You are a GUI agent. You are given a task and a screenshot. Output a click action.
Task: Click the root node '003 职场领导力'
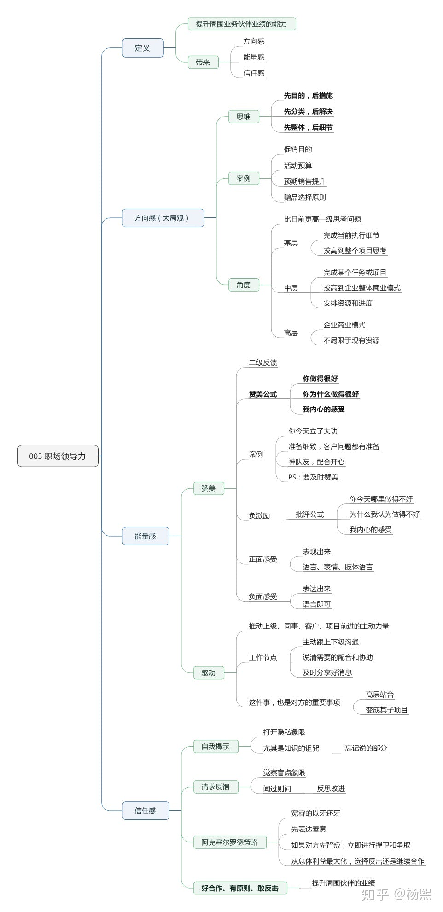(58, 456)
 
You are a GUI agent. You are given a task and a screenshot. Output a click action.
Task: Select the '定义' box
(142, 48)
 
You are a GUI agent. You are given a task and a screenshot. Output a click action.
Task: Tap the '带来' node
(203, 62)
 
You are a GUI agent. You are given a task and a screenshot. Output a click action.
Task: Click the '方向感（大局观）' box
(163, 218)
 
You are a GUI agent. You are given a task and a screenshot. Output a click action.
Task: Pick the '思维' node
(243, 117)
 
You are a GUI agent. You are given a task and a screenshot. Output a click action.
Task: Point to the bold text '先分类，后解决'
(308, 111)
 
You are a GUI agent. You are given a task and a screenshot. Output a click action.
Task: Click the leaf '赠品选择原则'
(305, 198)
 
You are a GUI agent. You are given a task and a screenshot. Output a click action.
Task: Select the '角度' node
(243, 285)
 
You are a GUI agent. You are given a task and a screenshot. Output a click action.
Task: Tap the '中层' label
(291, 288)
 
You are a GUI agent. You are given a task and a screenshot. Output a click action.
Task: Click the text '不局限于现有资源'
(351, 340)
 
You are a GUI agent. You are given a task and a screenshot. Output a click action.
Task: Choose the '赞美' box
(208, 488)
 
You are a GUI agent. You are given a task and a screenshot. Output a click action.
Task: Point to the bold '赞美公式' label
(262, 394)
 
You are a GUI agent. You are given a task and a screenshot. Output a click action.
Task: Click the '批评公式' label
(309, 514)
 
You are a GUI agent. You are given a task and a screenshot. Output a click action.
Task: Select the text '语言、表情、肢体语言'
(338, 567)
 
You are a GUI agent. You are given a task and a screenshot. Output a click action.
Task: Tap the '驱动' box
(208, 673)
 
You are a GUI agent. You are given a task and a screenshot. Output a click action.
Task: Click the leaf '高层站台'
(379, 695)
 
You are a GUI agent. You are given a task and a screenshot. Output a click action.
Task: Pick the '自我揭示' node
(215, 747)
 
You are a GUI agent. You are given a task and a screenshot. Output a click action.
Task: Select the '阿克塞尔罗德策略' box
(229, 842)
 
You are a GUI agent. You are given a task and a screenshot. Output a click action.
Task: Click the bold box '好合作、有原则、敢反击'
(239, 888)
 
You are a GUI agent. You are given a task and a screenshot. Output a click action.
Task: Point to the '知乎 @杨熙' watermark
(396, 894)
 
